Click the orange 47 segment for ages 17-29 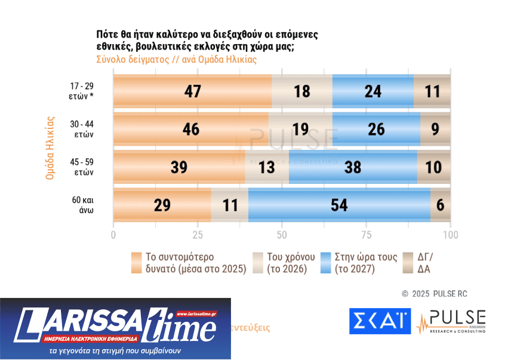click(192, 91)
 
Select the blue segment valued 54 click(339, 205)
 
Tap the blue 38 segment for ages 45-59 click(353, 167)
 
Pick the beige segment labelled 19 click(300, 129)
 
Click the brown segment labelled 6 click(441, 205)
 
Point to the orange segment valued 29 click(162, 205)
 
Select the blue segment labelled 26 click(376, 129)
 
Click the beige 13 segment click(267, 167)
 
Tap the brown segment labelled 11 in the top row click(432, 91)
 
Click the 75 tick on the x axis click(366, 235)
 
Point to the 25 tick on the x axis click(198, 235)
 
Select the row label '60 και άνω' click(82, 205)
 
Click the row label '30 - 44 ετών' click(82, 129)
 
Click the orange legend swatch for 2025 click(137, 263)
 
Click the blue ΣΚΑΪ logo click(380, 321)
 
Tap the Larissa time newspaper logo click(115, 328)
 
